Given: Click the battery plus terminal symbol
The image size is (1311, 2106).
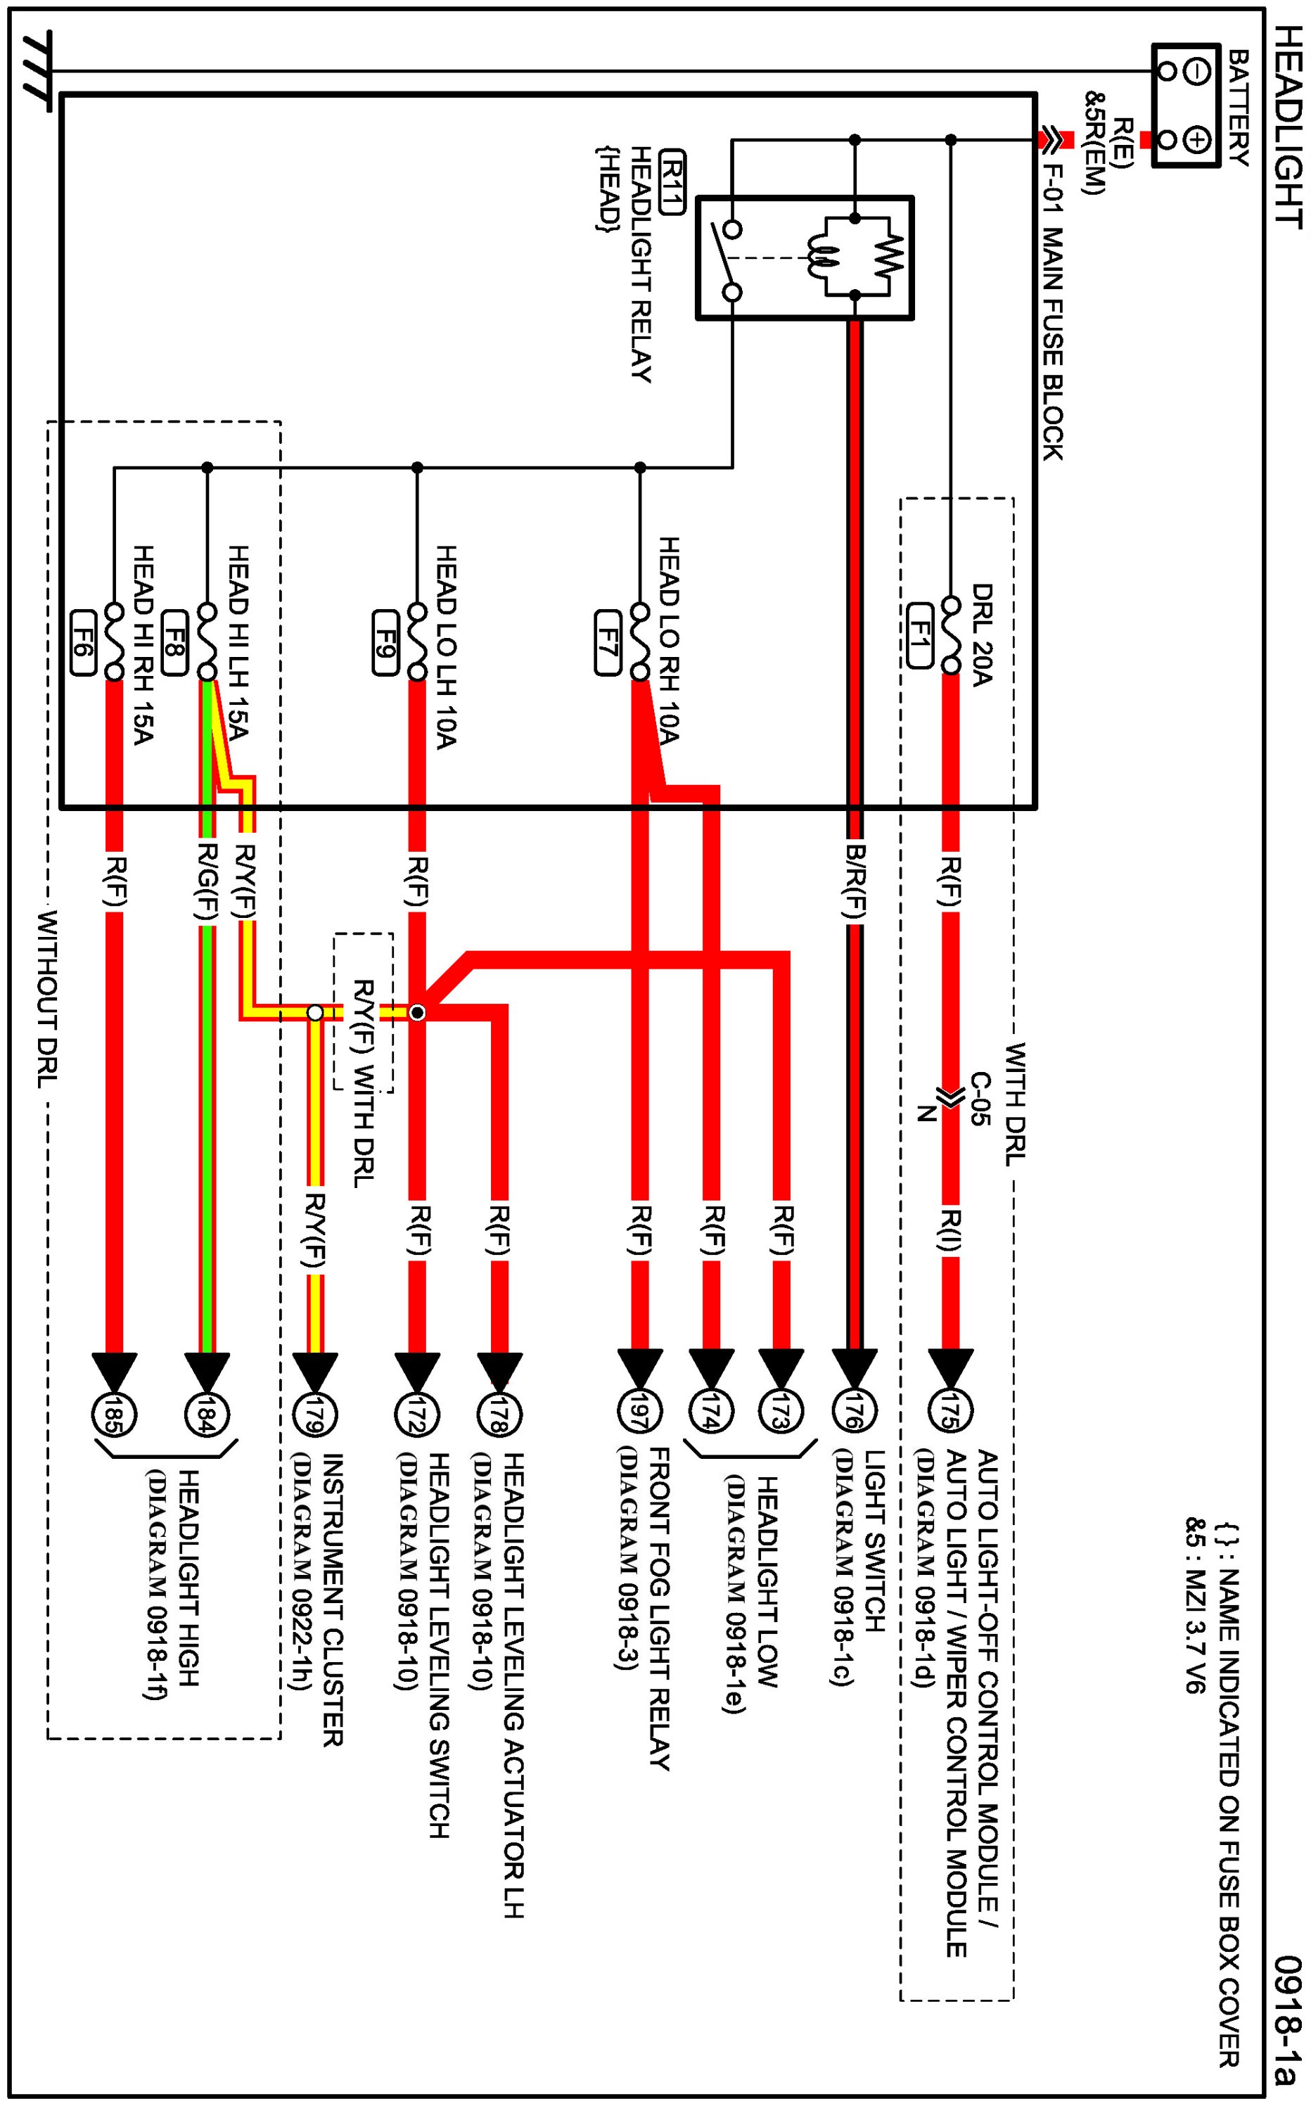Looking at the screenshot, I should [1196, 139].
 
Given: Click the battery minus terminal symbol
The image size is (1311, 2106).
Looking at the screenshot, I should [1196, 72].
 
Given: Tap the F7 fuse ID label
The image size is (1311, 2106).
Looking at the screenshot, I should [608, 642].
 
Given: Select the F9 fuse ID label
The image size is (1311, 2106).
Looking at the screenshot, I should [386, 642].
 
